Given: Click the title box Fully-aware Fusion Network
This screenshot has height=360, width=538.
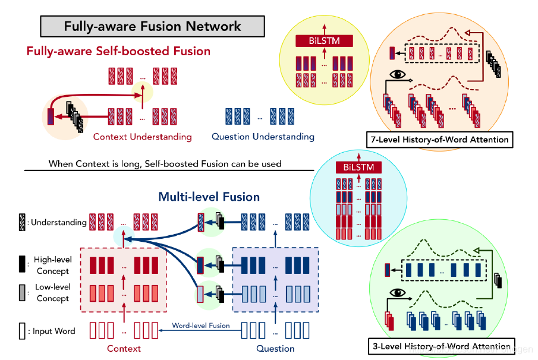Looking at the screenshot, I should (x=152, y=27).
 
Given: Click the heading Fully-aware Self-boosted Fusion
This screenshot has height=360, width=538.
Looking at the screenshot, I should (x=118, y=51).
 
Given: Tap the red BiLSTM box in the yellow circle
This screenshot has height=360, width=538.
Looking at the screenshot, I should (x=325, y=41).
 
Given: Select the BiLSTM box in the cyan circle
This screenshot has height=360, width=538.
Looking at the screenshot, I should (x=355, y=167).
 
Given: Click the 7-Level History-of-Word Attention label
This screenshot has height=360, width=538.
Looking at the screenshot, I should (x=439, y=140).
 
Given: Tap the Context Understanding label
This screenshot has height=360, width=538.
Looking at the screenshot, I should (x=142, y=137).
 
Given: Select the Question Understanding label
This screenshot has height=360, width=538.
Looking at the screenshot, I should (x=263, y=137).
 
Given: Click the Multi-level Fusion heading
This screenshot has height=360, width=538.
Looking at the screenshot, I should (x=209, y=197).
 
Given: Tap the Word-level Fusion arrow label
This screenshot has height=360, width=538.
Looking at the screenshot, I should (x=201, y=326).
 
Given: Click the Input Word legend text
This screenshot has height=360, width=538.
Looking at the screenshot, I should (x=54, y=331).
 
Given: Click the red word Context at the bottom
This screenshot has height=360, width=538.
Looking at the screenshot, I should (x=124, y=348).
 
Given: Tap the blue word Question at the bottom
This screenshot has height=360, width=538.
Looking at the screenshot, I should (x=275, y=348).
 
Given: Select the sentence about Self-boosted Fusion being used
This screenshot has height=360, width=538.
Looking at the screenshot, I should (x=165, y=163).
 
